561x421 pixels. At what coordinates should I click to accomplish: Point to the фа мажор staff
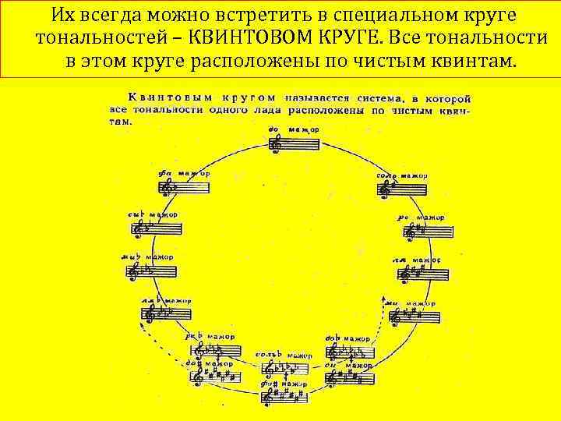pyautogui.click(x=184, y=186)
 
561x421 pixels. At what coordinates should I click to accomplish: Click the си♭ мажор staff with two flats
pyautogui.click(x=156, y=229)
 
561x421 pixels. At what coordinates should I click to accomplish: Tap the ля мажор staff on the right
pyautogui.click(x=425, y=274)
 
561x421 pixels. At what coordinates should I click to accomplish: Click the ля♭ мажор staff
pyautogui.click(x=163, y=313)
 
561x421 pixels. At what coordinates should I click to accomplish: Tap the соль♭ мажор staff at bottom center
pyautogui.click(x=285, y=370)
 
